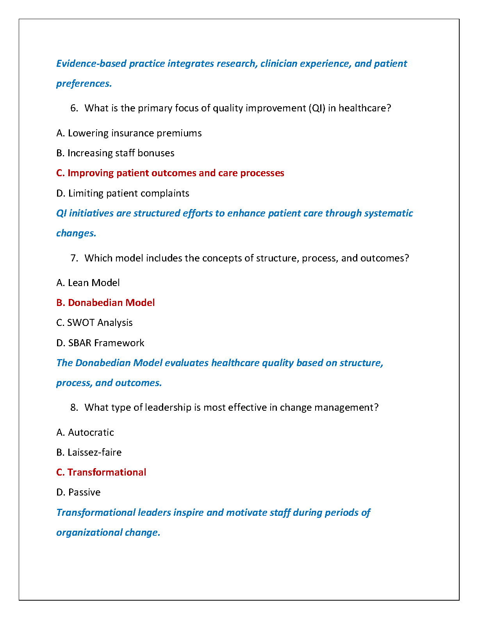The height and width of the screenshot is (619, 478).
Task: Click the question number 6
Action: [x=74, y=108]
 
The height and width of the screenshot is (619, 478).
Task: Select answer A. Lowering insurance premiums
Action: [x=129, y=133]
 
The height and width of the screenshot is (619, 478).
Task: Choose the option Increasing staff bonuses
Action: [x=115, y=153]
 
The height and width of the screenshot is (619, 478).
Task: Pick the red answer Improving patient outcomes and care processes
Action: [x=170, y=173]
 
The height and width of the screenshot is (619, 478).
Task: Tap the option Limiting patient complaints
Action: [x=123, y=193]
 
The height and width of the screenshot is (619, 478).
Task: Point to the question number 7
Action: [x=74, y=258]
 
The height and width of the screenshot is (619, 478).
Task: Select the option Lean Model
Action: [x=88, y=283]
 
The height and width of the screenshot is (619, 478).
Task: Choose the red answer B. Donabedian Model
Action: [x=105, y=303]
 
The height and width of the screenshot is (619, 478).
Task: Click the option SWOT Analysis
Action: [x=95, y=323]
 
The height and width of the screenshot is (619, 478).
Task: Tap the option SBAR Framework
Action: [x=100, y=343]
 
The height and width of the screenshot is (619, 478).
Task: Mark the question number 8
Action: [x=74, y=408]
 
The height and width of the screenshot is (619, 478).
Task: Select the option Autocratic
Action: [x=85, y=433]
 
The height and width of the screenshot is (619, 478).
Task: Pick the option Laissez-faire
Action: [x=89, y=453]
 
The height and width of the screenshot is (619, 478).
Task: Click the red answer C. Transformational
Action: [x=101, y=472]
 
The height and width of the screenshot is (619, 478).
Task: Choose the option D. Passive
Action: [x=78, y=492]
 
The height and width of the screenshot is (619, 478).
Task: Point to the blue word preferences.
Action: [x=84, y=84]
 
